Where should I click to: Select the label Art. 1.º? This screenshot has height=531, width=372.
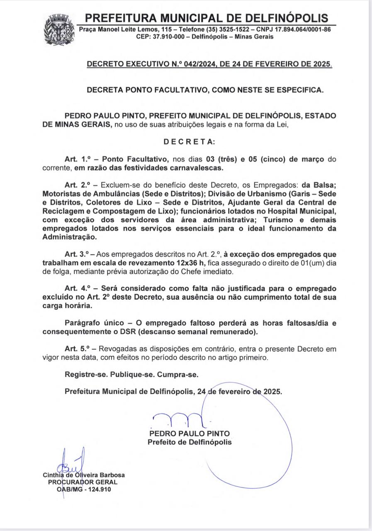click(x=77, y=159)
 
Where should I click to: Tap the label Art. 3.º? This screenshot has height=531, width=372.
click(x=77, y=254)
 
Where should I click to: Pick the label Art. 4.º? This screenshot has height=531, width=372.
click(x=77, y=288)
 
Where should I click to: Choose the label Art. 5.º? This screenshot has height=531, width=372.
click(x=77, y=349)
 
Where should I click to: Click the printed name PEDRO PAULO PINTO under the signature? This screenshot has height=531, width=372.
click(x=190, y=434)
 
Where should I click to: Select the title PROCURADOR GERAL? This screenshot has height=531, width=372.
click(x=83, y=482)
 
